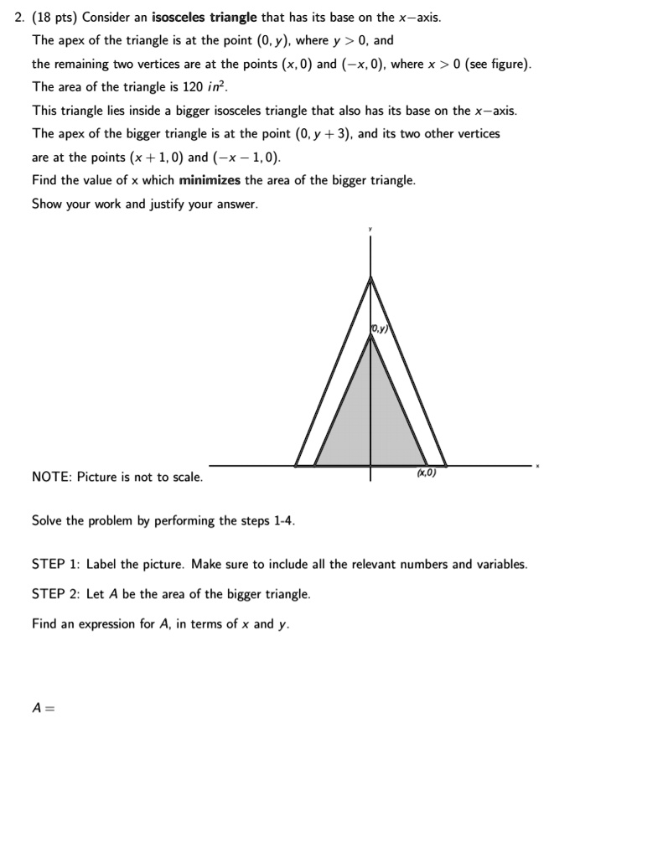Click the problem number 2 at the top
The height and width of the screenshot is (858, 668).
[x=19, y=18]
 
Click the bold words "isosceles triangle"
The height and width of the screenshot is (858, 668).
[x=198, y=18]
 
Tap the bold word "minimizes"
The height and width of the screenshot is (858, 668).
[x=210, y=180]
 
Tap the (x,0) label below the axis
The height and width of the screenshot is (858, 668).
[x=426, y=473]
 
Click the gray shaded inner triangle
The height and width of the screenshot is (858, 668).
[x=369, y=419]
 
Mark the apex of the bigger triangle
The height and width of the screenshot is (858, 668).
[x=370, y=277]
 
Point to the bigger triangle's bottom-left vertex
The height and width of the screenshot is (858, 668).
[x=296, y=466]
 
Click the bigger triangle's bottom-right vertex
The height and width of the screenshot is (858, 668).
[x=446, y=466]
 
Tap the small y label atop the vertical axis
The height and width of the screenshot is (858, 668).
[x=370, y=228]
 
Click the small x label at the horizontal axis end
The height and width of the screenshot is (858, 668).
[x=538, y=466]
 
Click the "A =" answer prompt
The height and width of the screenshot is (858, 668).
[x=43, y=707]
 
